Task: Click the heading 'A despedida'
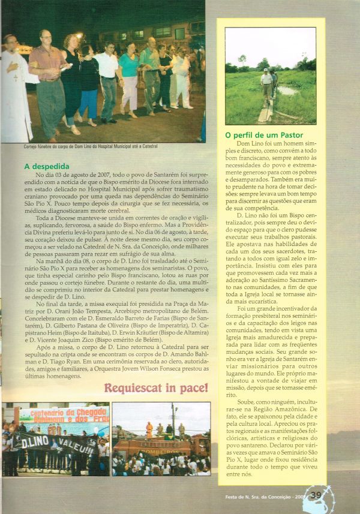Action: click(47, 166)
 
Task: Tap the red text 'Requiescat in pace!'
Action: click(156, 387)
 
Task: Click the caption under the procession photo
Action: click(83, 146)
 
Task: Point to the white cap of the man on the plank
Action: click(266, 71)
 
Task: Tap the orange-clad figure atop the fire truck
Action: click(149, 429)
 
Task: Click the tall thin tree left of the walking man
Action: click(242, 62)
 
